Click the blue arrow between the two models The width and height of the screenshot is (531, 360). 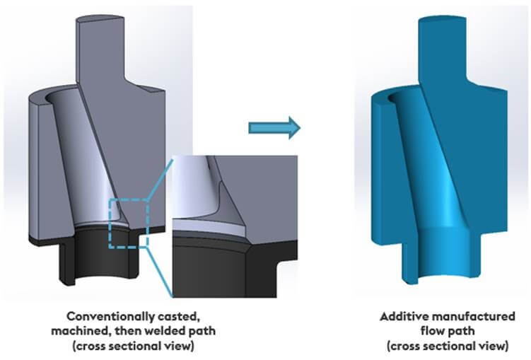[274, 127]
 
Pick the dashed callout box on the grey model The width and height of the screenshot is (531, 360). [128, 222]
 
